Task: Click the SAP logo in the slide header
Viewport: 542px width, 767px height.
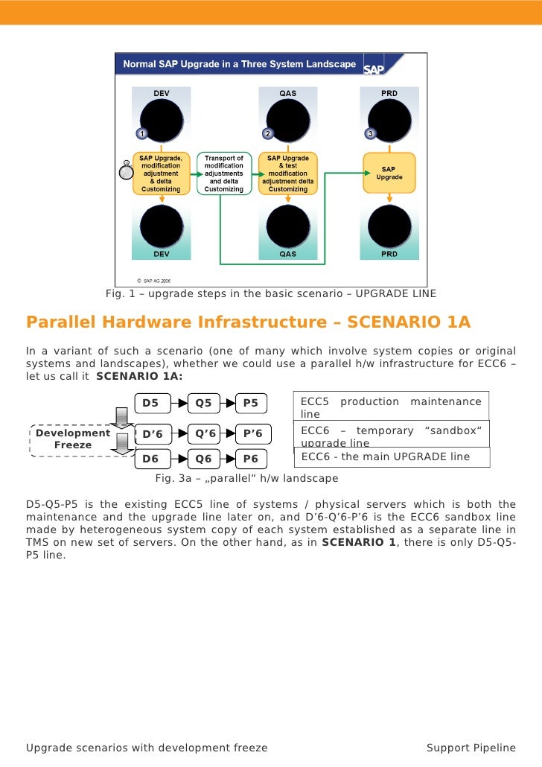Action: pos(373,68)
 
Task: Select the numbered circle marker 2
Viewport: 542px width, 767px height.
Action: pos(267,133)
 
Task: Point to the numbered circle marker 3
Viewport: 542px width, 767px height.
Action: pos(369,133)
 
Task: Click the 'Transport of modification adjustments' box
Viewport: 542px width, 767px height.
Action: pos(224,174)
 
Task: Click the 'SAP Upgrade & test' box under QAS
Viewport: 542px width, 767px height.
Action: pos(288,174)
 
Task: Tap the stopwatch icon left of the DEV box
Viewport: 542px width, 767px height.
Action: pos(126,170)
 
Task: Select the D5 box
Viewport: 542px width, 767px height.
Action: pos(151,404)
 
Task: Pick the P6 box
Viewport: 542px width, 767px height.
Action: pos(251,459)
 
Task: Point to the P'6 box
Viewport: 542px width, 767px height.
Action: pos(252,433)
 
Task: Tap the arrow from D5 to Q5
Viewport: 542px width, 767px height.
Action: pos(179,404)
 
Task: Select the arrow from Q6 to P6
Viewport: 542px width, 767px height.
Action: pos(228,459)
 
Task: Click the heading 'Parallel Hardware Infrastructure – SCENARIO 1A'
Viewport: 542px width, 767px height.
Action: pos(249,322)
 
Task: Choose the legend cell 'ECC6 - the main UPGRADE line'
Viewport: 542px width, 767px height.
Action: pos(392,456)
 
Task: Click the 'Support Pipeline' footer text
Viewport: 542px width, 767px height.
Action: pos(471,748)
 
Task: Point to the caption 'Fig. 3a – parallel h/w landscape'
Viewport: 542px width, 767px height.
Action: pos(246,478)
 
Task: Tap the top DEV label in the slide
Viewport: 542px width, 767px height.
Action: pos(161,93)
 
